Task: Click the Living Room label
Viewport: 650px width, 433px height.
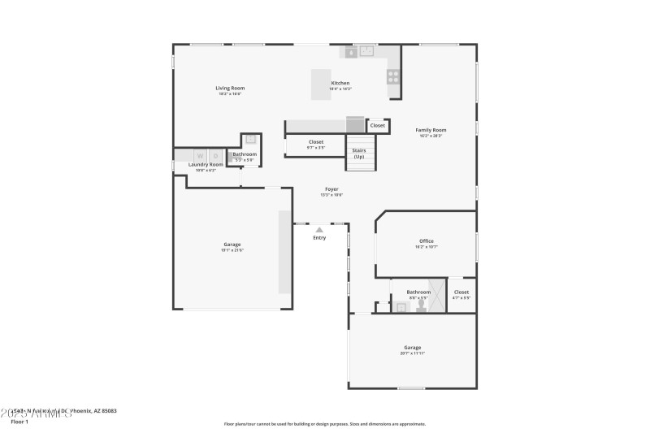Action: pos(230,88)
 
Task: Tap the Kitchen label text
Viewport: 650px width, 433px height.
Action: pos(340,84)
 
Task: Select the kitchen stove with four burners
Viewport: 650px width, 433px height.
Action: pos(392,76)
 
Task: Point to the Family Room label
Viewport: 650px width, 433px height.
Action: pos(431,130)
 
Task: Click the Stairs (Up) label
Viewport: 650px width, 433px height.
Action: pos(358,154)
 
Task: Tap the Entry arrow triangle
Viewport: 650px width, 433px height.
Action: pos(319,230)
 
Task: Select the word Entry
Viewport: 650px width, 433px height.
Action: pos(319,238)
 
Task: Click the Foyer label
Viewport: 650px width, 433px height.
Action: pos(331,189)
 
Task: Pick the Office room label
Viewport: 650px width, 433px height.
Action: pos(426,241)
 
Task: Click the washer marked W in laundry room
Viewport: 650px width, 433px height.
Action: pos(199,155)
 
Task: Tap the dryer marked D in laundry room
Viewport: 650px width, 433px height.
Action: pos(216,155)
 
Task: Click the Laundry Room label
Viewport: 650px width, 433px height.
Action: pos(206,165)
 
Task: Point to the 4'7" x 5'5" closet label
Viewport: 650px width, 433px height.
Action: pos(461,298)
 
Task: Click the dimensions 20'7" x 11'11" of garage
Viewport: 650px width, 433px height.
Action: pos(413,353)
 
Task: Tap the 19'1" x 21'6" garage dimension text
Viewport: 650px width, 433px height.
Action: pos(232,250)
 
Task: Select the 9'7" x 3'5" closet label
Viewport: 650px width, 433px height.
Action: pos(315,148)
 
